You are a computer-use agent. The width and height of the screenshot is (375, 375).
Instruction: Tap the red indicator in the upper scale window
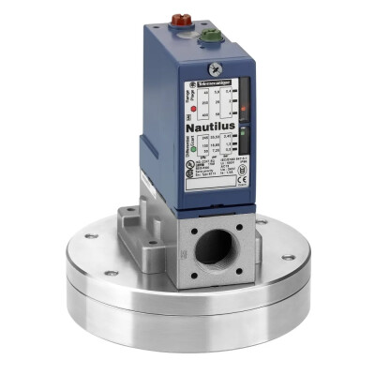click(x=241, y=109)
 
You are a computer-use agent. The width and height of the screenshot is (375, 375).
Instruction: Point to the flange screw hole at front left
click(x=112, y=273)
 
